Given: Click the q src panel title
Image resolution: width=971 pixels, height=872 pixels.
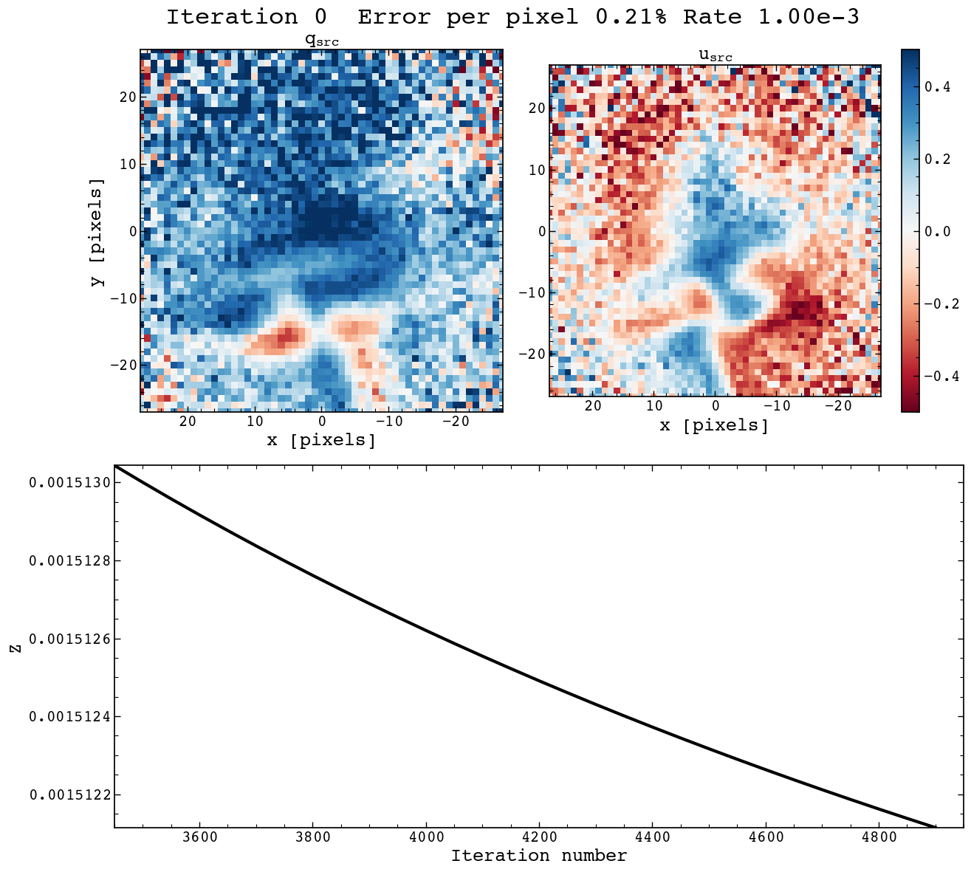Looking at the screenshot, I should (322, 41).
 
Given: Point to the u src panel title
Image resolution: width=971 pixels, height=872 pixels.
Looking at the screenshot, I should (715, 55).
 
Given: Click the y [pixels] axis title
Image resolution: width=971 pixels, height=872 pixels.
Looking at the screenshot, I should (97, 231).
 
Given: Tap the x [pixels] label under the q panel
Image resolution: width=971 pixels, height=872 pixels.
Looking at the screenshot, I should (321, 441).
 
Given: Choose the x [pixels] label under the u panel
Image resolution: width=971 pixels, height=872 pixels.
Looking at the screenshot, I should (714, 426).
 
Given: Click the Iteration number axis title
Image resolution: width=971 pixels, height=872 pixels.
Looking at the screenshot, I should (539, 856).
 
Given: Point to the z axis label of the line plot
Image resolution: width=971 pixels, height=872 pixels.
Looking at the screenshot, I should (14, 647).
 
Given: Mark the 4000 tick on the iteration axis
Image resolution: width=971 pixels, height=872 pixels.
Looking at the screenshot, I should (426, 837).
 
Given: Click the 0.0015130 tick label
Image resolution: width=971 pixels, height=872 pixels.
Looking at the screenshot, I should (69, 483).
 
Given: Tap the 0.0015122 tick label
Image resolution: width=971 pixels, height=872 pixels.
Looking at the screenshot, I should (69, 795).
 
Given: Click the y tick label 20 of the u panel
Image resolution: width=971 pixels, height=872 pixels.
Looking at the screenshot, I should (535, 109).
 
